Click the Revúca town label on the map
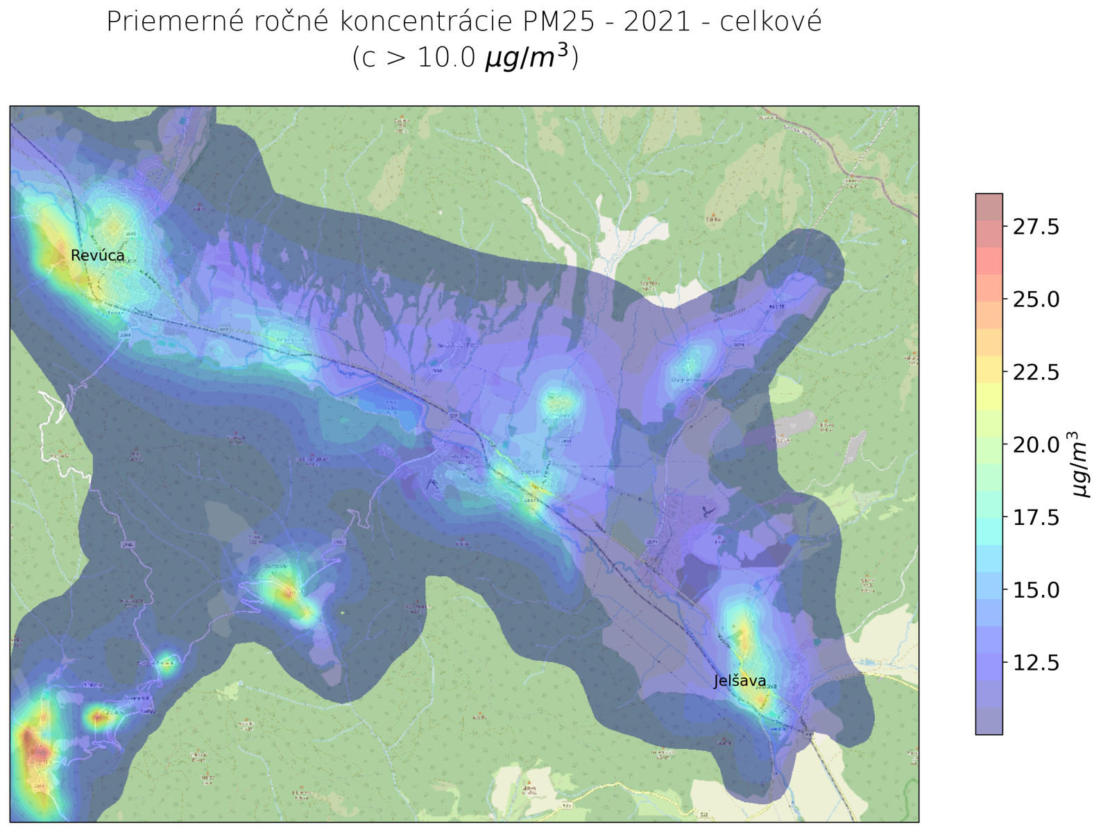pos(98,255)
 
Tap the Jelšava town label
pos(740,681)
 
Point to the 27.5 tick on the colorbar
pos(1036,227)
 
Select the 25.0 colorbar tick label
pos(1036,300)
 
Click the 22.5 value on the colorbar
pos(1036,372)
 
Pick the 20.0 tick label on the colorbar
pos(1036,444)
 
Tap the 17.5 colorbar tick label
pos(1036,517)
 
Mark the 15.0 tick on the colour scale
pos(1036,590)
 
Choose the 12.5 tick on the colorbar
pos(1036,663)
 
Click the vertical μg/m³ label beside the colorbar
pos(1080,464)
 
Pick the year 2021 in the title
pos(657,22)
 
